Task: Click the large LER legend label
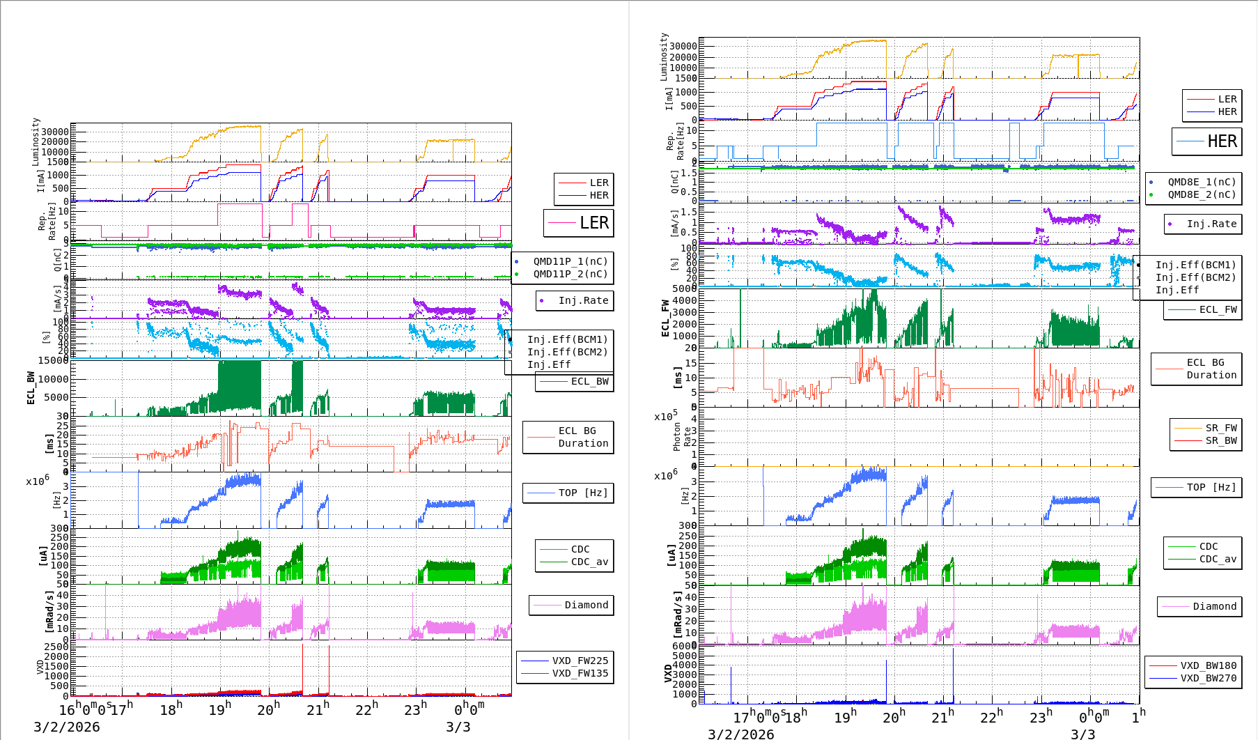(x=593, y=223)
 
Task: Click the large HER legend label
(x=1222, y=141)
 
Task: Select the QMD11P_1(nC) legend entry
(x=570, y=261)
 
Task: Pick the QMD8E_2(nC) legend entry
(x=1202, y=194)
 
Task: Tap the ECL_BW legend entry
(x=589, y=381)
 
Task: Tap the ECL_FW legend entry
(x=1218, y=309)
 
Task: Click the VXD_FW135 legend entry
(x=580, y=673)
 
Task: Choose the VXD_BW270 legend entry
(x=1208, y=678)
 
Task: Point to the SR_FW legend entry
(x=1221, y=428)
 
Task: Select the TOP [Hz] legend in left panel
(x=582, y=493)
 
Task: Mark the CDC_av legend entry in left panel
(x=589, y=562)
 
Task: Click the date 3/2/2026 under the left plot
(x=66, y=727)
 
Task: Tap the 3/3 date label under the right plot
(x=1082, y=734)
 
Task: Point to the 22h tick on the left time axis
(x=366, y=709)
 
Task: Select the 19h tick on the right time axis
(x=845, y=716)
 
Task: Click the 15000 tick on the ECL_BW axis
(x=54, y=360)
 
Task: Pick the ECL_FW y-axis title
(x=665, y=318)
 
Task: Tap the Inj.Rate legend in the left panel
(x=582, y=300)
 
